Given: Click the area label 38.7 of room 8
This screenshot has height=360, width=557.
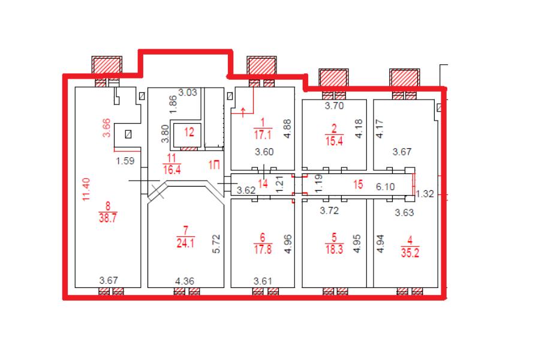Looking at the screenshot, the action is click(108, 217).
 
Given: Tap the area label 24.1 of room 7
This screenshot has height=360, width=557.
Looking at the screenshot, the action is click(185, 243).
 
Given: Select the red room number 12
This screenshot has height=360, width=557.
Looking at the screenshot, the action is click(189, 132).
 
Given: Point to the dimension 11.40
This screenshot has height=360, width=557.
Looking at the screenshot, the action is click(86, 190).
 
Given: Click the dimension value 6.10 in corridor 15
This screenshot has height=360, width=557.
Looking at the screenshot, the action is click(385, 187).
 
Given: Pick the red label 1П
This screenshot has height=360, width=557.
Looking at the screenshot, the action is click(214, 165).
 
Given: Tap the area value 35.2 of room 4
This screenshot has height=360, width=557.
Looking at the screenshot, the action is click(410, 253).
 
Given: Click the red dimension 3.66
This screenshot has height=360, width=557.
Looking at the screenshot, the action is click(107, 128).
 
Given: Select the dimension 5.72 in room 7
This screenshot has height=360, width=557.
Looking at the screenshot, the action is click(216, 244).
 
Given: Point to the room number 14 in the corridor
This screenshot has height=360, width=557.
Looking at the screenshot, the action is click(263, 184).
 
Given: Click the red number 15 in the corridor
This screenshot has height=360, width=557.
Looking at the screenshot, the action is click(358, 184).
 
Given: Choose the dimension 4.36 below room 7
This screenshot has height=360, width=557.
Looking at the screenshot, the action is click(185, 281).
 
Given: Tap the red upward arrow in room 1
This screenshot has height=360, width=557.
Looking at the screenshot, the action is click(243, 112).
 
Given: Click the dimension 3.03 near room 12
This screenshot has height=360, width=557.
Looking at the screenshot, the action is click(188, 92).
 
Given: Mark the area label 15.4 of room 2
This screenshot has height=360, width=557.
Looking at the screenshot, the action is click(334, 141).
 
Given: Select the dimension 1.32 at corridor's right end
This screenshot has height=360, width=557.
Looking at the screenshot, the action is click(425, 194).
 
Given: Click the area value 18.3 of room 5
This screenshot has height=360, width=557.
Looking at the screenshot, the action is click(334, 249).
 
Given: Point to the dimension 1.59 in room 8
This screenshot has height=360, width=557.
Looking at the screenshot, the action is click(125, 161).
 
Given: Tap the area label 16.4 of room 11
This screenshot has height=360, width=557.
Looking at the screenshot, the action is click(172, 170).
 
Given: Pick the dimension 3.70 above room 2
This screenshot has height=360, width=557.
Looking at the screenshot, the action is click(335, 106).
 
